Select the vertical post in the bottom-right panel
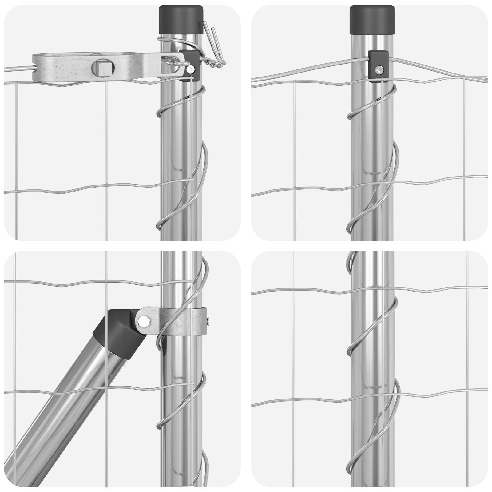[372, 338]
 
